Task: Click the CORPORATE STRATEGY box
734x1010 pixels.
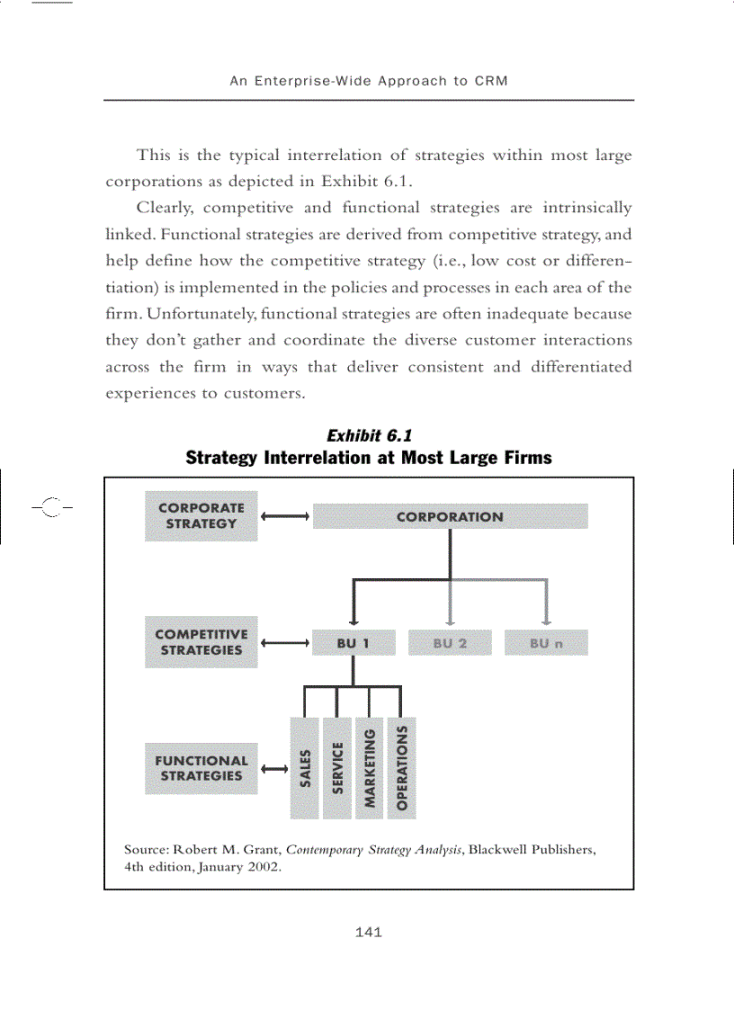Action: click(201, 516)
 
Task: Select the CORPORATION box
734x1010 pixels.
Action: click(450, 516)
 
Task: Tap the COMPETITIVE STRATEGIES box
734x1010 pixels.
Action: click(201, 642)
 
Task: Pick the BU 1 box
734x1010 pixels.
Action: click(354, 643)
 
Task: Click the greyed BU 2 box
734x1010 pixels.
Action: click(450, 643)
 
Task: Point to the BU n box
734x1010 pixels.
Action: click(546, 643)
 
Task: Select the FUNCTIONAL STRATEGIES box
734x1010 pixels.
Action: click(201, 768)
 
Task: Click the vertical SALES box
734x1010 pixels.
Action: click(305, 768)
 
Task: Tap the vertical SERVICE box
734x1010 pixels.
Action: click(337, 768)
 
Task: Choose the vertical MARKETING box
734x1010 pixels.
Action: click(369, 768)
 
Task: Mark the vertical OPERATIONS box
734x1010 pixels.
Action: click(401, 768)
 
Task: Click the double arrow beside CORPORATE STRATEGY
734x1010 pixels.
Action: click(285, 516)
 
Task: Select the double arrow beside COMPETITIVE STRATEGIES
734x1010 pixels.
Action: click(285, 643)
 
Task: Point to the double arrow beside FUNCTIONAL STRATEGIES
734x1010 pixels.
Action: click(273, 769)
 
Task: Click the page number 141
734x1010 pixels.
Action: click(369, 932)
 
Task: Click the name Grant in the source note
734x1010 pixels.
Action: click(263, 849)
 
